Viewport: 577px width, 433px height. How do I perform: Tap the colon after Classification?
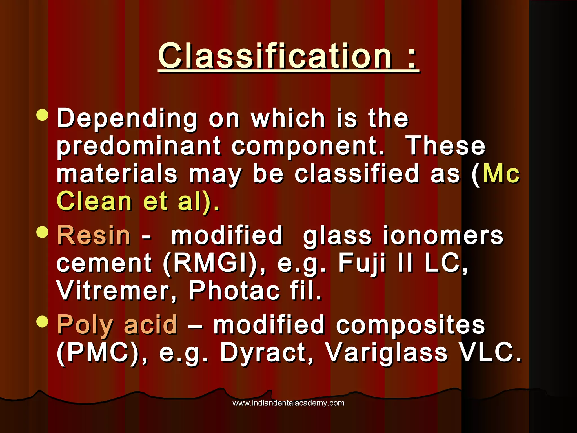412,58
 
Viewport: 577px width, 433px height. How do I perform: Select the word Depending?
127,118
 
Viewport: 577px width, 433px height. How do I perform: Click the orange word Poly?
85,325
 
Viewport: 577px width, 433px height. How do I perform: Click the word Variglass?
386,352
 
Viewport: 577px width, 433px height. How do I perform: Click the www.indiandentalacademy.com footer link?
288,403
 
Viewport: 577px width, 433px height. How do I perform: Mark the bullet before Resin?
43,232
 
